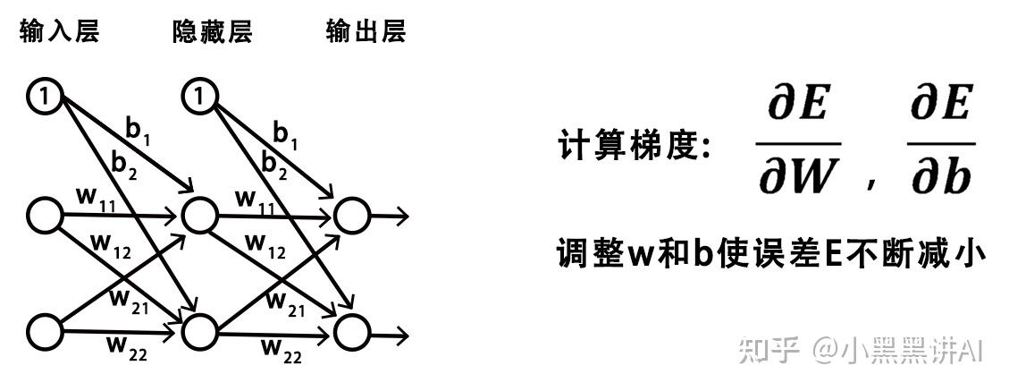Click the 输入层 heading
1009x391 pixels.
(x=58, y=33)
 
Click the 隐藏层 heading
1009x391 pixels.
(x=213, y=33)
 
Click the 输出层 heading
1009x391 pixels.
(x=366, y=33)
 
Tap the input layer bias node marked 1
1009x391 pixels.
(x=46, y=95)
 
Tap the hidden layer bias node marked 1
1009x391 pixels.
(x=199, y=95)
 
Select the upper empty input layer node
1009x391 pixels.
(x=46, y=215)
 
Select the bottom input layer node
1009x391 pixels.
(x=46, y=330)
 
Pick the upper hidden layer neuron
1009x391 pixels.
(x=199, y=215)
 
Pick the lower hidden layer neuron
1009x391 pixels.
(x=199, y=331)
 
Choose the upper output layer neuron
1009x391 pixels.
(x=351, y=215)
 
